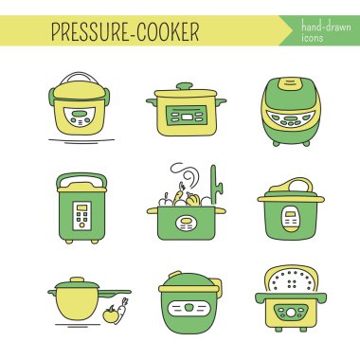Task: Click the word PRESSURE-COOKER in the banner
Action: pos(125,31)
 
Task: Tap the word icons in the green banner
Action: pos(312,38)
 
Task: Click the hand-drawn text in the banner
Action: pos(326,26)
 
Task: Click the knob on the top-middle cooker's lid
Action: pos(185,86)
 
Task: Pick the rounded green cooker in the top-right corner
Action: pos(291,111)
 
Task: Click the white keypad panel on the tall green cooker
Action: pos(81,216)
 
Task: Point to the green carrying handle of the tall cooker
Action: pos(81,176)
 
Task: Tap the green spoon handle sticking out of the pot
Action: pos(215,185)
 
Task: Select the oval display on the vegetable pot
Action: pos(186,223)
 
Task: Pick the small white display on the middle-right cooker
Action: pos(291,218)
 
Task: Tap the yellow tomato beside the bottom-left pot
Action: pos(110,315)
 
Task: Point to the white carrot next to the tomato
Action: pos(121,311)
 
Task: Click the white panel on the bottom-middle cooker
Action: pos(189,309)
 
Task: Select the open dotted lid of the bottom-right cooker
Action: pos(291,279)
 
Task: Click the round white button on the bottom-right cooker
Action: pos(291,313)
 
